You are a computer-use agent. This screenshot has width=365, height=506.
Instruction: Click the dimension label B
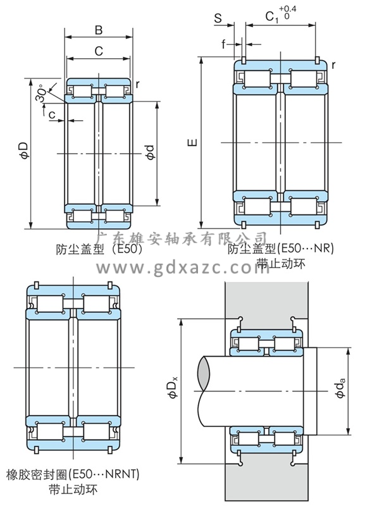click(x=99, y=30)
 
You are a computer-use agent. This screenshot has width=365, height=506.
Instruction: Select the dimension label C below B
click(x=99, y=51)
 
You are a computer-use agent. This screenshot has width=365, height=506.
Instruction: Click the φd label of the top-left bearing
click(x=150, y=152)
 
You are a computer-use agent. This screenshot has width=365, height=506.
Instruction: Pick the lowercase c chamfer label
click(x=52, y=114)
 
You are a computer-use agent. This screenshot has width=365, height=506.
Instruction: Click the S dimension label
click(x=218, y=18)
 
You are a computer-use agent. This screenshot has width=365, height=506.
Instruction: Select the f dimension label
click(x=223, y=44)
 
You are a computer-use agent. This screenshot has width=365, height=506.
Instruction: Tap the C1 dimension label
click(x=272, y=17)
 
